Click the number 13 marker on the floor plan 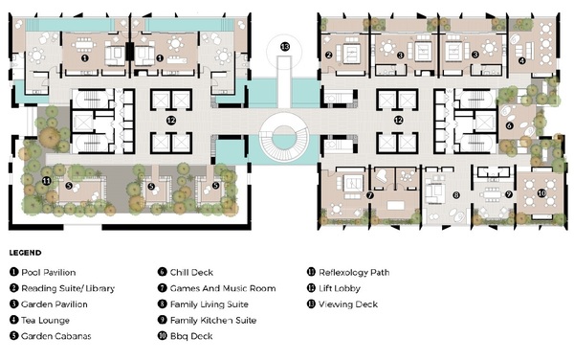coord(285,47)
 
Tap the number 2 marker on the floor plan coord(328,55)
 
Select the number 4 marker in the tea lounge coord(521,60)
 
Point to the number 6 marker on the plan coord(509,125)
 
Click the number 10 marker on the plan coord(541,193)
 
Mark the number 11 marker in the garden coord(46,181)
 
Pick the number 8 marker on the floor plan coord(455,195)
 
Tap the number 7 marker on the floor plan coord(369,195)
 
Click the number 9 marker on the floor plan coord(509,194)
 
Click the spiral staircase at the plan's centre coord(284,137)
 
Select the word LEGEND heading coord(25,253)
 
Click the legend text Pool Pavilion coord(49,272)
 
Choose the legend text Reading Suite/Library coord(68,288)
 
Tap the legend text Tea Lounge coord(45,320)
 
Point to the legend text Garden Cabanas coord(56,336)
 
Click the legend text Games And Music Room coord(223,288)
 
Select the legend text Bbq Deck coord(191,336)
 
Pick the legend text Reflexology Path coord(354,273)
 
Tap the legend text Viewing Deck coord(348,304)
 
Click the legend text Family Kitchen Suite coord(213,320)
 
